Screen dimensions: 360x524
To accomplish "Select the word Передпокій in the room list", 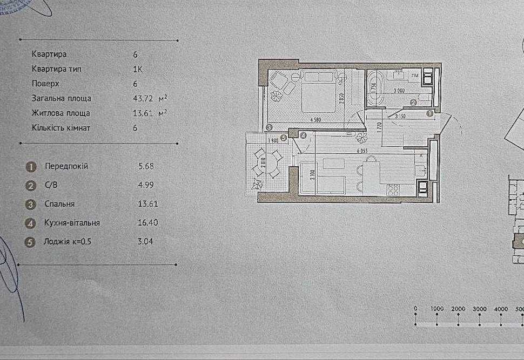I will (x=66, y=166).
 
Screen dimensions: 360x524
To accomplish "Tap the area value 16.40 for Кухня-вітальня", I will (x=146, y=222).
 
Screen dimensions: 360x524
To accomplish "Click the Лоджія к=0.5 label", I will (x=68, y=241).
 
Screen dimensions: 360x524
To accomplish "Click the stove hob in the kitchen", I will (x=393, y=189).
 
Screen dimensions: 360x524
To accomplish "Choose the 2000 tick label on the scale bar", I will (x=458, y=309).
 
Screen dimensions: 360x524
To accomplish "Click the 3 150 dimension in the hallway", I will (x=400, y=116).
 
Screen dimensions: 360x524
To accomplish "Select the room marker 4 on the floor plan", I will (x=304, y=136).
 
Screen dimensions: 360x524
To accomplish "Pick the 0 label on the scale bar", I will (x=415, y=309).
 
